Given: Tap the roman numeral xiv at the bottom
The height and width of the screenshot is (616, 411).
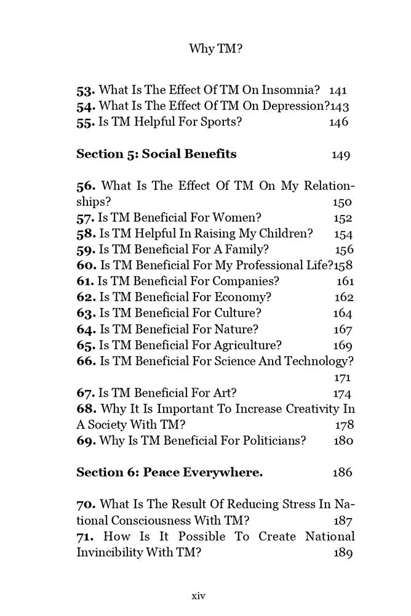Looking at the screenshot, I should tap(198, 596).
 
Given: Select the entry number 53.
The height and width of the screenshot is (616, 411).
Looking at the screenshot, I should tap(86, 90).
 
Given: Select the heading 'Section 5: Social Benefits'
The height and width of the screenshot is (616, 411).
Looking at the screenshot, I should tap(156, 154).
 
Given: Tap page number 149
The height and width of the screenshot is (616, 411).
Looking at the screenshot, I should tap(341, 155).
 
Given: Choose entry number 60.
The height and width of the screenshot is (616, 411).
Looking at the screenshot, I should tap(86, 265).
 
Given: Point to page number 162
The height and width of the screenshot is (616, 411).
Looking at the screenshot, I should tap(343, 297).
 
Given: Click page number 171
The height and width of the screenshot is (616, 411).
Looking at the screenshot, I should tap(341, 377).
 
